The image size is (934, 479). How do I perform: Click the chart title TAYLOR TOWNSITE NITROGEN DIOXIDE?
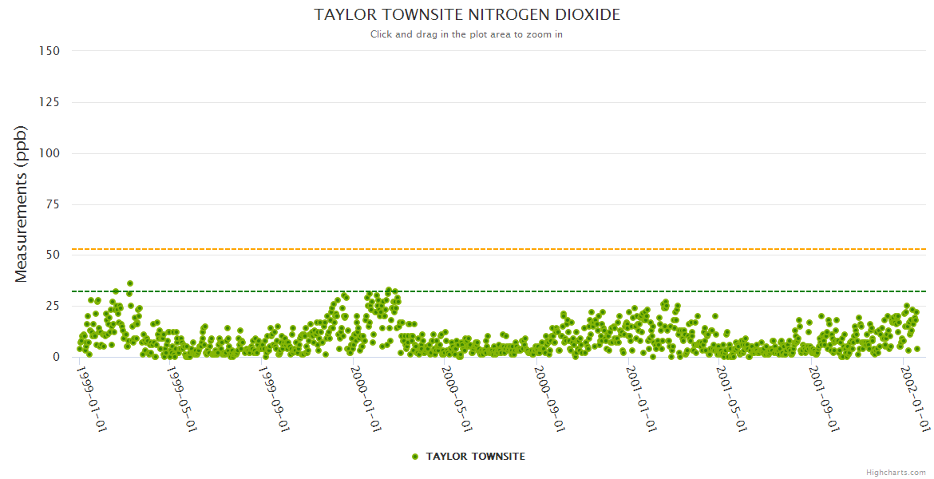pos(467,15)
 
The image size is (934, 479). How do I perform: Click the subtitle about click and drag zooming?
pos(467,34)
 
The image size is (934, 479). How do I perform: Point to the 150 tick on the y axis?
pos(49,51)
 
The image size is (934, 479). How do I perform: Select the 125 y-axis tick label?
pos(49,102)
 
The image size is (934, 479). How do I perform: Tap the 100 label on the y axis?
pos(49,153)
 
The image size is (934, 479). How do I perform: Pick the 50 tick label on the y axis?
pos(53,255)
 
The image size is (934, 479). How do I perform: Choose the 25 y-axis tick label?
pos(53,306)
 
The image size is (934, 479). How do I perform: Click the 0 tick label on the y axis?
pos(56,357)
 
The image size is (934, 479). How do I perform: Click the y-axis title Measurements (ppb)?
pos(22,204)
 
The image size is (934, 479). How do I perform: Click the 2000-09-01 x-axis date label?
pos(551,398)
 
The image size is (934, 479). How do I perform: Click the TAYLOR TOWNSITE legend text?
pos(476,457)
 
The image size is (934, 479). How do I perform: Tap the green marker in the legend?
pos(414,457)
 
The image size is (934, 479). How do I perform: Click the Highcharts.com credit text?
pos(896,472)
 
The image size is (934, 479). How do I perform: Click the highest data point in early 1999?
pos(130,283)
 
